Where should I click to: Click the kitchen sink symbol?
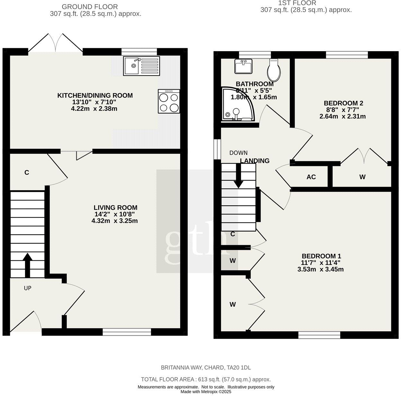141,66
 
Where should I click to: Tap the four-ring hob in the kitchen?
169,101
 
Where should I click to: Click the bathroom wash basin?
244,66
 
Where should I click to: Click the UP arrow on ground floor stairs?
27,265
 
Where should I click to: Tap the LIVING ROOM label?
115,208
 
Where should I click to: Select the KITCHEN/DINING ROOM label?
95,95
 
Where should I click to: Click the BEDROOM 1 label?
321,256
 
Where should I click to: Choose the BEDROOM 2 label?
343,103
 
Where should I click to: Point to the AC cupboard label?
311,177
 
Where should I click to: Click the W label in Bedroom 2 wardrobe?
362,177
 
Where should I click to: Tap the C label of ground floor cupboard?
27,173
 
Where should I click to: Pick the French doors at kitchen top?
56,45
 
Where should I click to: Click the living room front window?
127,332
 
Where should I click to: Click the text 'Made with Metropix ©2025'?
206,392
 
